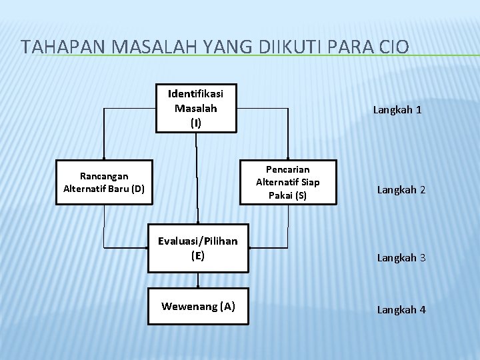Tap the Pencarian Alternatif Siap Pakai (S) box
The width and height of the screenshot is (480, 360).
point(287,183)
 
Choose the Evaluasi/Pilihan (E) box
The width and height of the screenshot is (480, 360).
point(197,248)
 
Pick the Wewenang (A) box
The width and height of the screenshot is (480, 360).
point(197,307)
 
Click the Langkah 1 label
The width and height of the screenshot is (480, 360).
point(397,111)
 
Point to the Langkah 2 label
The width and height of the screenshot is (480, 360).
point(401,190)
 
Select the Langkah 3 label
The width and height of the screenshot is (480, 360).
point(401,257)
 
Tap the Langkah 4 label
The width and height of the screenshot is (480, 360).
point(401,309)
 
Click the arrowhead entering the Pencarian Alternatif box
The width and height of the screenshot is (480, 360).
point(287,157)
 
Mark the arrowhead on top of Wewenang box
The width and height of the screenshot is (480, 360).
point(197,285)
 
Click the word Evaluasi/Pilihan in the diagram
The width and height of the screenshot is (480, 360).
point(197,241)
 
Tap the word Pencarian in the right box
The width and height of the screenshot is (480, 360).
point(287,170)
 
